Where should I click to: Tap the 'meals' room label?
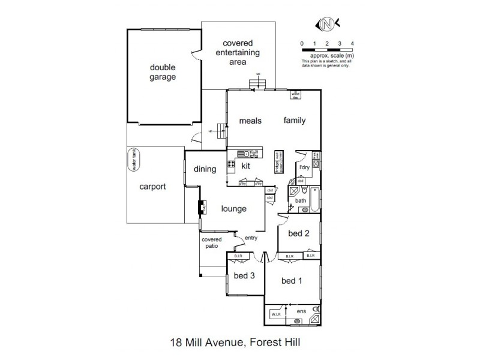coord(251,121)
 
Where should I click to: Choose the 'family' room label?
coord(295,120)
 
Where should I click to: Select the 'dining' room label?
coord(205,169)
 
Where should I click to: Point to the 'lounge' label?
coord(233,209)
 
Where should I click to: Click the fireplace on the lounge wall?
coord(202,208)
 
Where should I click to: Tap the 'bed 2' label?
coord(298,233)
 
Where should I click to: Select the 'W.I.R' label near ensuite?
coord(277,314)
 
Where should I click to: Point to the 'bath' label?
coord(300,201)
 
